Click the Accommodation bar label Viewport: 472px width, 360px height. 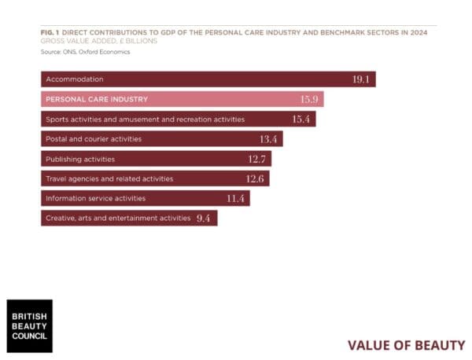click(75, 79)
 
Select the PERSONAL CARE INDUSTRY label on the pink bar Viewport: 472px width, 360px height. click(97, 99)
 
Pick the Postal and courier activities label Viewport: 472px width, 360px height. click(94, 139)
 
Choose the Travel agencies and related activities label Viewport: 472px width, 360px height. click(109, 178)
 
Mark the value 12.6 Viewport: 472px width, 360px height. click(256, 178)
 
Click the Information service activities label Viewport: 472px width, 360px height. click(95, 198)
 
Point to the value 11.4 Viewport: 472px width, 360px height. click(236, 198)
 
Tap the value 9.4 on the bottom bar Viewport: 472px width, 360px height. click(203, 218)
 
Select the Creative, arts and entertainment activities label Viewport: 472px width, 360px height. click(118, 218)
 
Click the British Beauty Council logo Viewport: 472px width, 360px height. click(29, 325)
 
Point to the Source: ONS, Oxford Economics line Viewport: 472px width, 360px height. click(85, 52)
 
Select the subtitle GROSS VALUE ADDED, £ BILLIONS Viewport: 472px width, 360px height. click(98, 42)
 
